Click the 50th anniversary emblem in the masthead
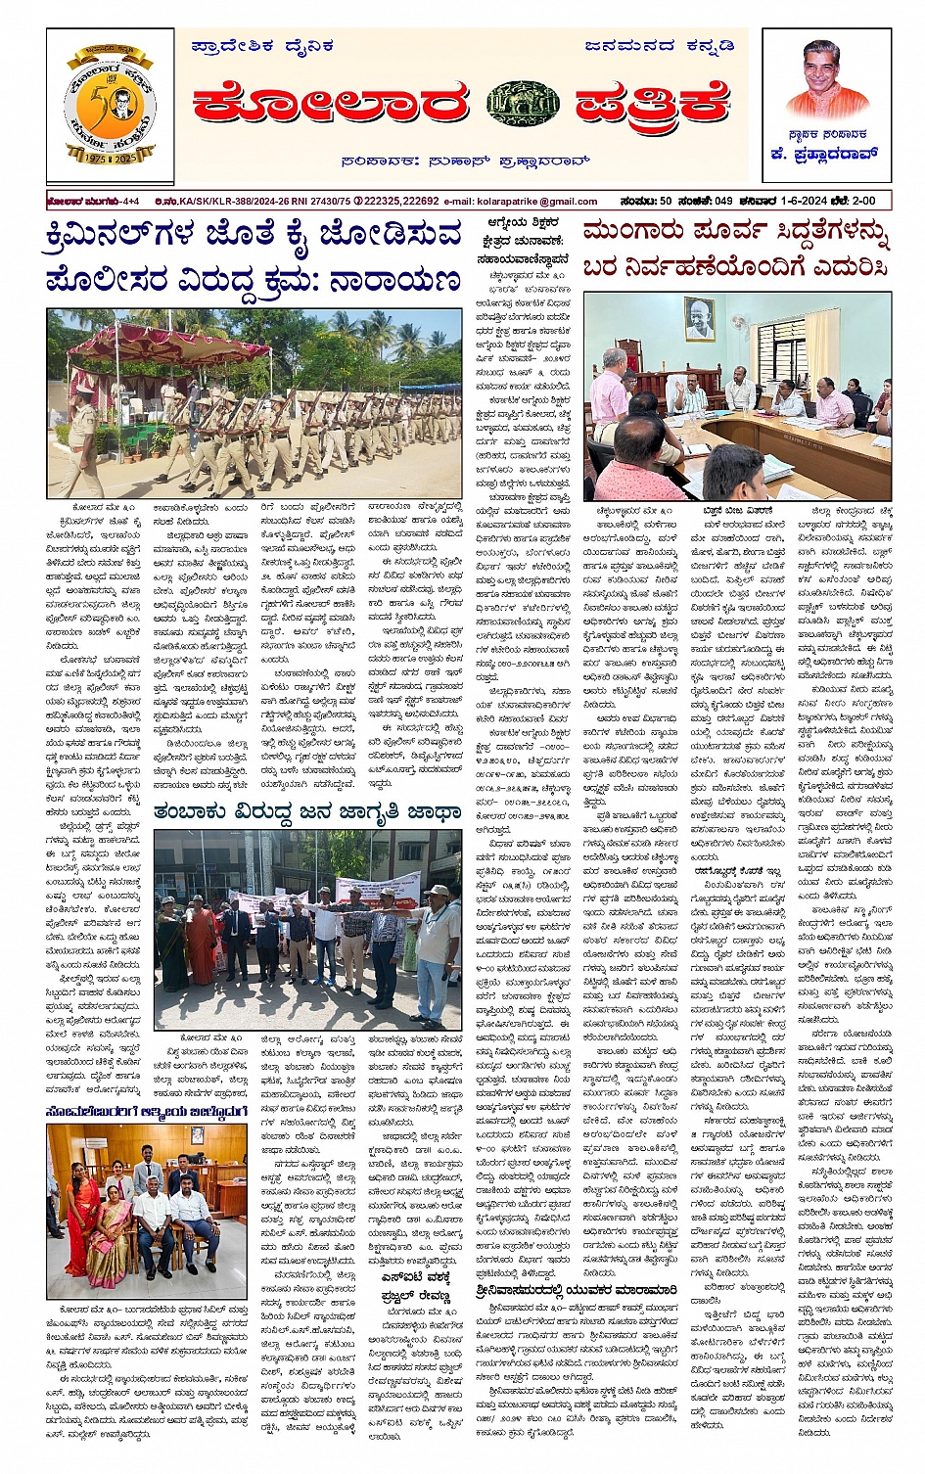pos(109,107)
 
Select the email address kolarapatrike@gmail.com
pos(544,202)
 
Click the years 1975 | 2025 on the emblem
pos(109,159)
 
